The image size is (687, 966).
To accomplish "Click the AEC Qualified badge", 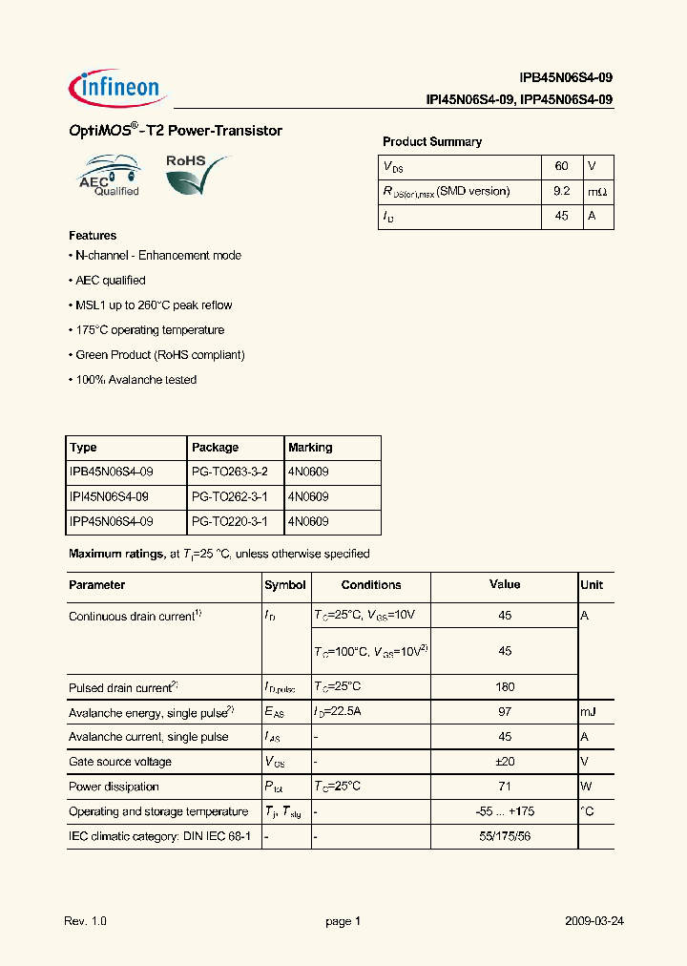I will [109, 178].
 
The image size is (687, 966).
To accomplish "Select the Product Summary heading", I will [432, 142].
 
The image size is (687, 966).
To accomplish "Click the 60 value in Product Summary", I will [561, 166].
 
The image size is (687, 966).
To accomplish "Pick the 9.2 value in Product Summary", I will [561, 191].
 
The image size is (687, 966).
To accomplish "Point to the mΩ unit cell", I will [596, 192].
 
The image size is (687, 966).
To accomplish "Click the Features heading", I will [93, 236].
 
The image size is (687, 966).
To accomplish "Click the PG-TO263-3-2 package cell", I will [230, 472].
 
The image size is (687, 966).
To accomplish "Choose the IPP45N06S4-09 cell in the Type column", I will [111, 522].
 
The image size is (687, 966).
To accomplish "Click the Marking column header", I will [310, 448].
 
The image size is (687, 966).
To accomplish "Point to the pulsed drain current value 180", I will [505, 687].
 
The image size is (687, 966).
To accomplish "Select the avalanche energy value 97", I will [505, 712].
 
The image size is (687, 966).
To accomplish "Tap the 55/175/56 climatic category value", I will [505, 836].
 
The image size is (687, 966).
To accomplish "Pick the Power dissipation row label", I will [107, 787].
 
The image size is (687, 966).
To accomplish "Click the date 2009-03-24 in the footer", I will [593, 922].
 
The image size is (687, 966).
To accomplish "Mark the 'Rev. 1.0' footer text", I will [86, 922].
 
